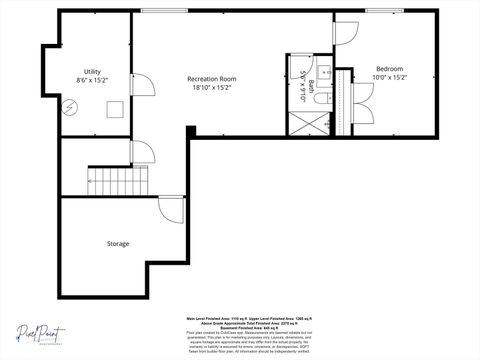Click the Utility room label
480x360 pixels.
click(x=92, y=71)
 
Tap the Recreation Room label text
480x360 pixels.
click(x=211, y=78)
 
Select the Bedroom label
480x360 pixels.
click(x=389, y=69)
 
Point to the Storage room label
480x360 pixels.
click(x=118, y=243)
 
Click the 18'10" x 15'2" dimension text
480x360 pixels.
click(x=211, y=87)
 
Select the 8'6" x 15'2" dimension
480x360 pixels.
click(x=92, y=79)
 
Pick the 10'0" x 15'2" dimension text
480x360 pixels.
click(x=389, y=77)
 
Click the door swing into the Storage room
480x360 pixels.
click(x=171, y=210)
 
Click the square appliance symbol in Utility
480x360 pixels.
click(x=115, y=110)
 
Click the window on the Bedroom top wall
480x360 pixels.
click(x=378, y=11)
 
